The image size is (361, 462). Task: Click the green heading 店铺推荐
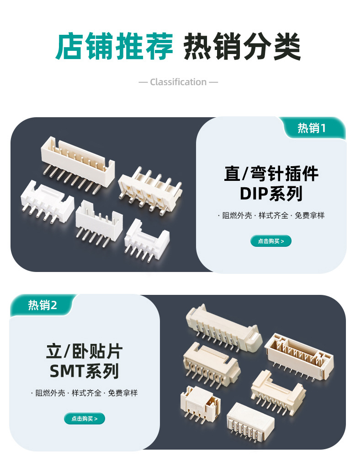(114, 46)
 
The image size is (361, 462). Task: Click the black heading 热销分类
(242, 46)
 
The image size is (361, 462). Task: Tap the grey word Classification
(178, 82)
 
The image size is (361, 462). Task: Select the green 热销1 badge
(312, 128)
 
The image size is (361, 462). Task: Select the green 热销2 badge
(42, 305)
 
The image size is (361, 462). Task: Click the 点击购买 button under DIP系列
(271, 241)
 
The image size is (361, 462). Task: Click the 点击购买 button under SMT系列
(85, 419)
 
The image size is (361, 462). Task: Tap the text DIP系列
(271, 194)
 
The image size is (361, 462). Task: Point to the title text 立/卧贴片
(85, 351)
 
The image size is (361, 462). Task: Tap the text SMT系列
(85, 371)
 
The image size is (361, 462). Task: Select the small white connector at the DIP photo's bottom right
(147, 239)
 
